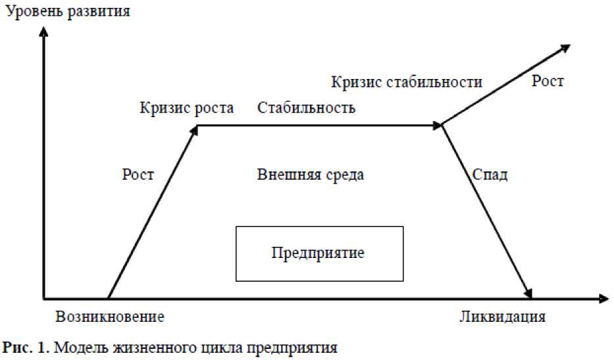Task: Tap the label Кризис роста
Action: click(186, 109)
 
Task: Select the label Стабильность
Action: click(306, 108)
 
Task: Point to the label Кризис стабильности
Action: click(407, 82)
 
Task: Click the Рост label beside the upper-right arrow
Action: click(548, 82)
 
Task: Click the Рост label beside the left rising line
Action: click(138, 174)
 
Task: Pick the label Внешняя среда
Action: click(311, 175)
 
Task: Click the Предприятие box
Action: click(319, 253)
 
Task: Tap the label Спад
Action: click(490, 175)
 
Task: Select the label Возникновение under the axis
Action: click(109, 317)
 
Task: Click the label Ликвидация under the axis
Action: click(502, 317)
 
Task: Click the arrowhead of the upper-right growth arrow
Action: click(565, 47)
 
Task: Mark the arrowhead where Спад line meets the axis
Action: click(528, 294)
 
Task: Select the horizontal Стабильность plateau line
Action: click(316, 124)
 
